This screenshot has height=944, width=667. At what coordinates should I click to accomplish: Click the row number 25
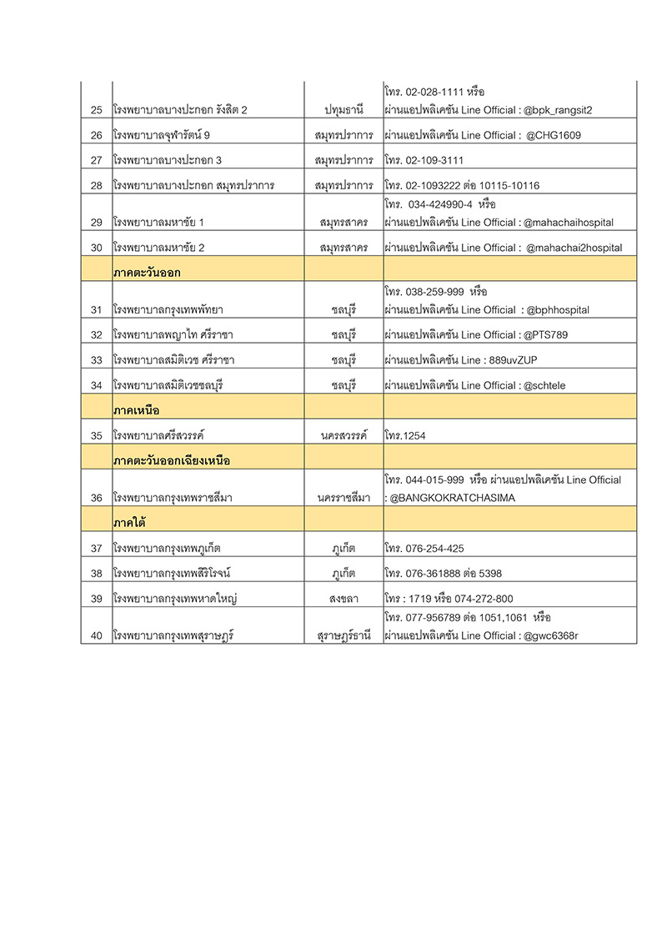tap(96, 110)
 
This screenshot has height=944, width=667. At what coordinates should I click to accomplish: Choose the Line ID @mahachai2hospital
tap(574, 248)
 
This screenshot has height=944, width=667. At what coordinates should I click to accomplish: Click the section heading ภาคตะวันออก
tap(148, 273)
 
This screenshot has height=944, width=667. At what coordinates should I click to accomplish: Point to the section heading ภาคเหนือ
tap(137, 410)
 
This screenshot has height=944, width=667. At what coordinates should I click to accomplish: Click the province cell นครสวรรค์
tap(343, 435)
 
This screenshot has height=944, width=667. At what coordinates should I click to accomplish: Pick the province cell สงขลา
tap(343, 598)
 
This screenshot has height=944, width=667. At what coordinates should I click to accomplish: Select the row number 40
tap(96, 635)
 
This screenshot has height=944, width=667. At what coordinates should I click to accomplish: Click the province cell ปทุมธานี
tap(343, 110)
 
